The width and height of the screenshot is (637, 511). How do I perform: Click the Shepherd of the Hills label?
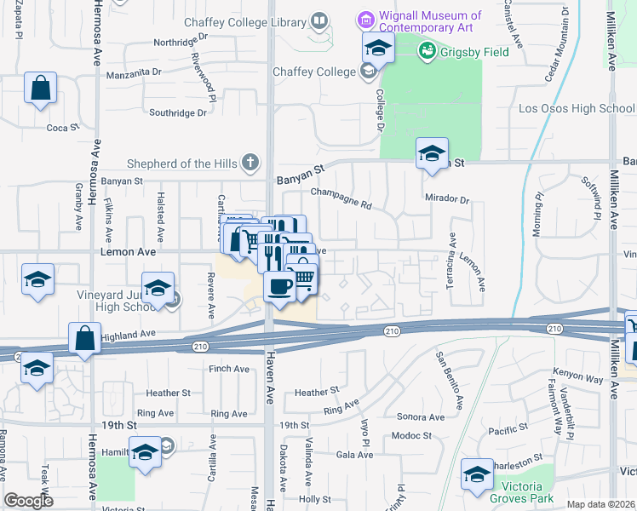tap(184, 164)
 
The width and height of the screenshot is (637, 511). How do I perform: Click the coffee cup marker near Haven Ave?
tap(279, 287)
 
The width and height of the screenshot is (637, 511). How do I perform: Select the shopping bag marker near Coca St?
tap(40, 88)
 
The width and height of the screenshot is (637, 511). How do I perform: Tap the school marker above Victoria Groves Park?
tap(477, 474)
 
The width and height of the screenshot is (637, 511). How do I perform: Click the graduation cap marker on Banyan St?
tap(432, 154)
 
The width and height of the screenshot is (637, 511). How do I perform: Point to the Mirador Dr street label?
tap(447, 199)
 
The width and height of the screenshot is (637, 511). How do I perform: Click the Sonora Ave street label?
tap(421, 417)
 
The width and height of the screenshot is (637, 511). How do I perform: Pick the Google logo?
tap(28, 501)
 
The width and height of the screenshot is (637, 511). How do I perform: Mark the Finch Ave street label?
tap(229, 369)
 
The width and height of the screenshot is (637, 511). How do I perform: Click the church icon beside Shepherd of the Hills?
tap(250, 161)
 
